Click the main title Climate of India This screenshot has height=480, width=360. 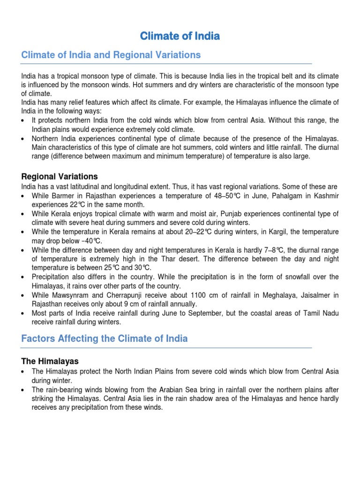(180, 36)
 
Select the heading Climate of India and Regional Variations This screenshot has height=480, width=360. (111, 55)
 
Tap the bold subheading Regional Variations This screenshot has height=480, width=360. (60, 176)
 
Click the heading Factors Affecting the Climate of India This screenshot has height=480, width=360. (104, 338)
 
